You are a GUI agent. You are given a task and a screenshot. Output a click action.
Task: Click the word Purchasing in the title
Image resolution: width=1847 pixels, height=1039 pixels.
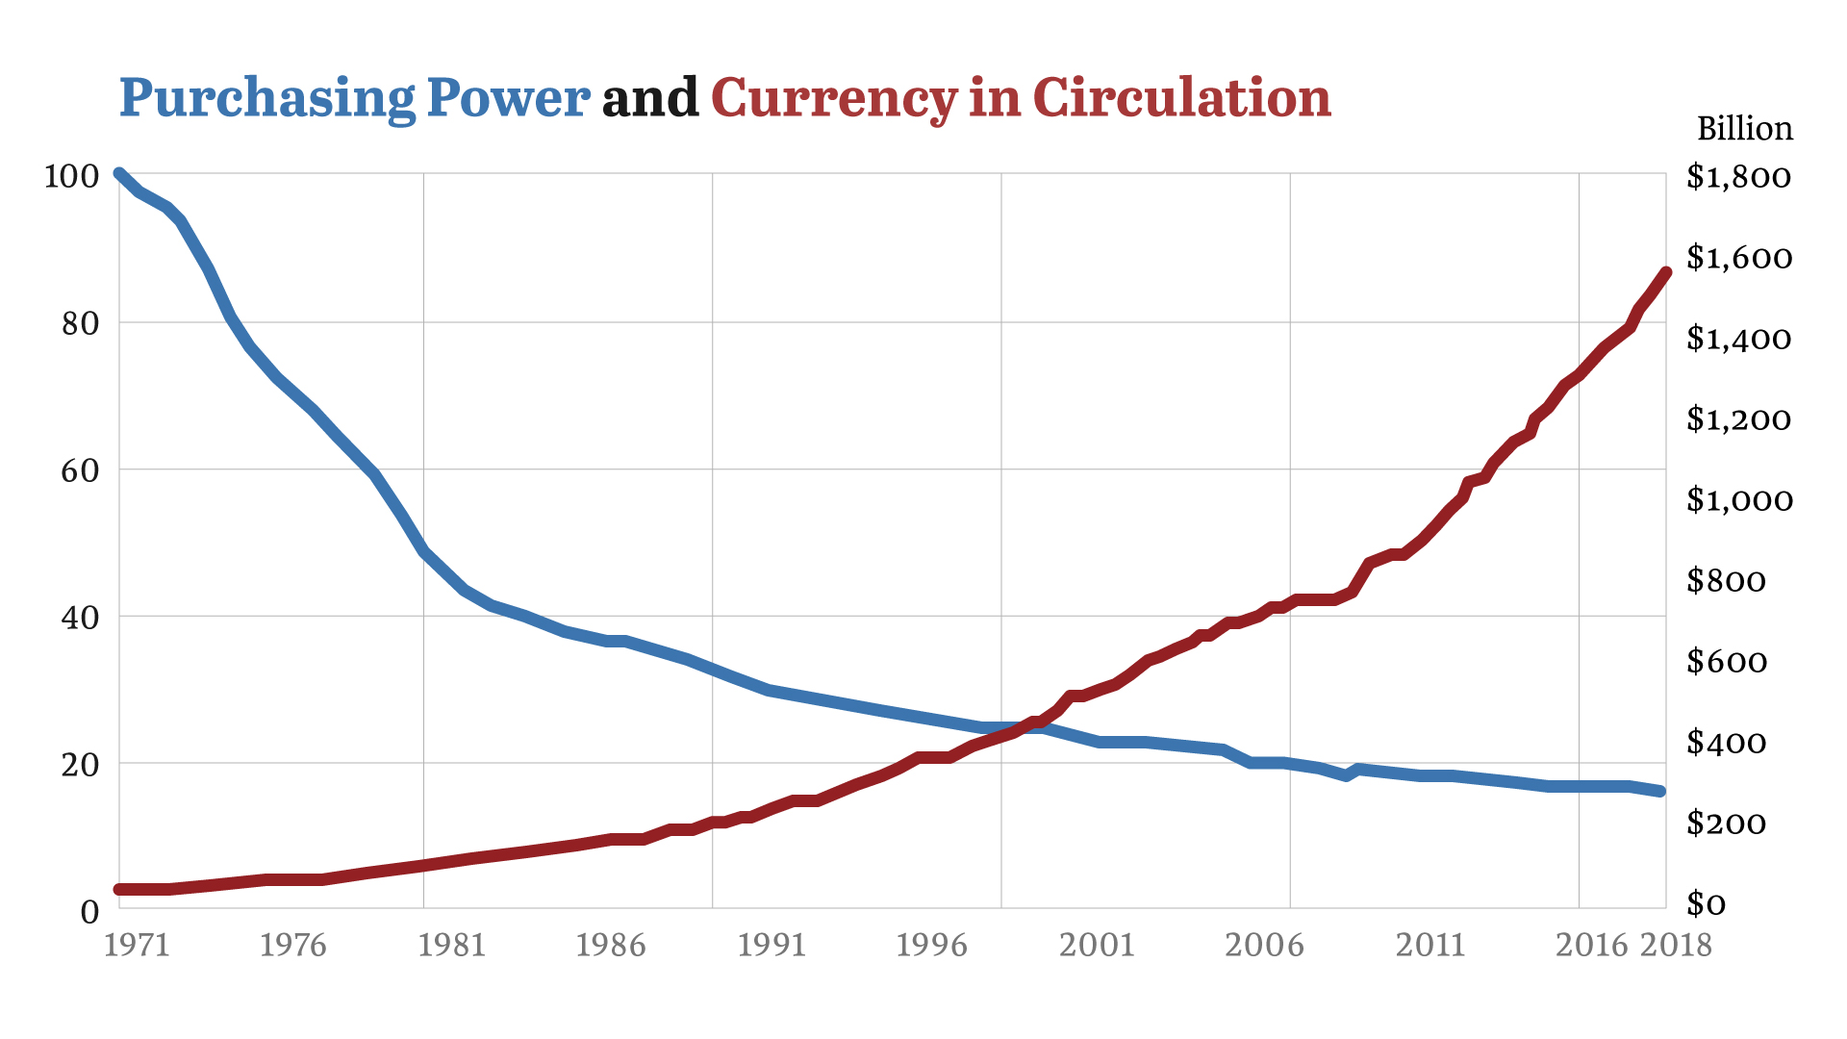266,99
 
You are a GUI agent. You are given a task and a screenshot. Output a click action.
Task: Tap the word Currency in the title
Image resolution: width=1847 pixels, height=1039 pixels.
833,99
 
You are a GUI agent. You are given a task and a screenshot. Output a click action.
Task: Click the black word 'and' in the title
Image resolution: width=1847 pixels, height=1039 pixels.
649,99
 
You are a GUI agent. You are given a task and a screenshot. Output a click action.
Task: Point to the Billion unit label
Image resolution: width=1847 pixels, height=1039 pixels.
1744,129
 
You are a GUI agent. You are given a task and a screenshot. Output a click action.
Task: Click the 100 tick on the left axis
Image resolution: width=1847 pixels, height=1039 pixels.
71,176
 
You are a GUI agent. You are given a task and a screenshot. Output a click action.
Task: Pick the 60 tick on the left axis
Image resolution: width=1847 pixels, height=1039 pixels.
80,470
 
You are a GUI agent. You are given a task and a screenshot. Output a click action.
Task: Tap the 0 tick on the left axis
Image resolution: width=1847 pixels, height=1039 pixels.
89,911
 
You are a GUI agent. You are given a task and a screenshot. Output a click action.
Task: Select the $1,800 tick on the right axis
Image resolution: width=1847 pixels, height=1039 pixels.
1738,177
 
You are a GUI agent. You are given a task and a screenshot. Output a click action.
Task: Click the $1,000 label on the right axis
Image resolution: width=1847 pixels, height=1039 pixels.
1739,500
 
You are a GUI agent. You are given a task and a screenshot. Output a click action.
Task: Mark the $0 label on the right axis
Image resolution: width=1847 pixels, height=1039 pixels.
1707,904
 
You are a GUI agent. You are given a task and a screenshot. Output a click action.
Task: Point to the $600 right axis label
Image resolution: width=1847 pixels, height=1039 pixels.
1727,662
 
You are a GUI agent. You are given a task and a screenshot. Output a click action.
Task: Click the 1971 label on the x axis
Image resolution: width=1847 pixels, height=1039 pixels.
137,946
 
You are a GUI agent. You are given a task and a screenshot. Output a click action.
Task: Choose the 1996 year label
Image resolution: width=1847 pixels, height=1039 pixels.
930,946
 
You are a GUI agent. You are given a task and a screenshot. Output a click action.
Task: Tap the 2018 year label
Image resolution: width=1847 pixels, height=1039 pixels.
1676,946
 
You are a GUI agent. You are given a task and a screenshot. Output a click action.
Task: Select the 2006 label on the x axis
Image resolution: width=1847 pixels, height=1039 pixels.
1264,946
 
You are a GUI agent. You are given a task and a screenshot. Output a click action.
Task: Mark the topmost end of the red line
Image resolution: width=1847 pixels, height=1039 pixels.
1666,273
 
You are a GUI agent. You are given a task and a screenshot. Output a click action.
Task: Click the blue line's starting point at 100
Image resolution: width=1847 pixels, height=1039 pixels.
119,174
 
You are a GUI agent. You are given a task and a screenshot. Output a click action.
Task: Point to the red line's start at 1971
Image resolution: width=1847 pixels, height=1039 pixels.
119,889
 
